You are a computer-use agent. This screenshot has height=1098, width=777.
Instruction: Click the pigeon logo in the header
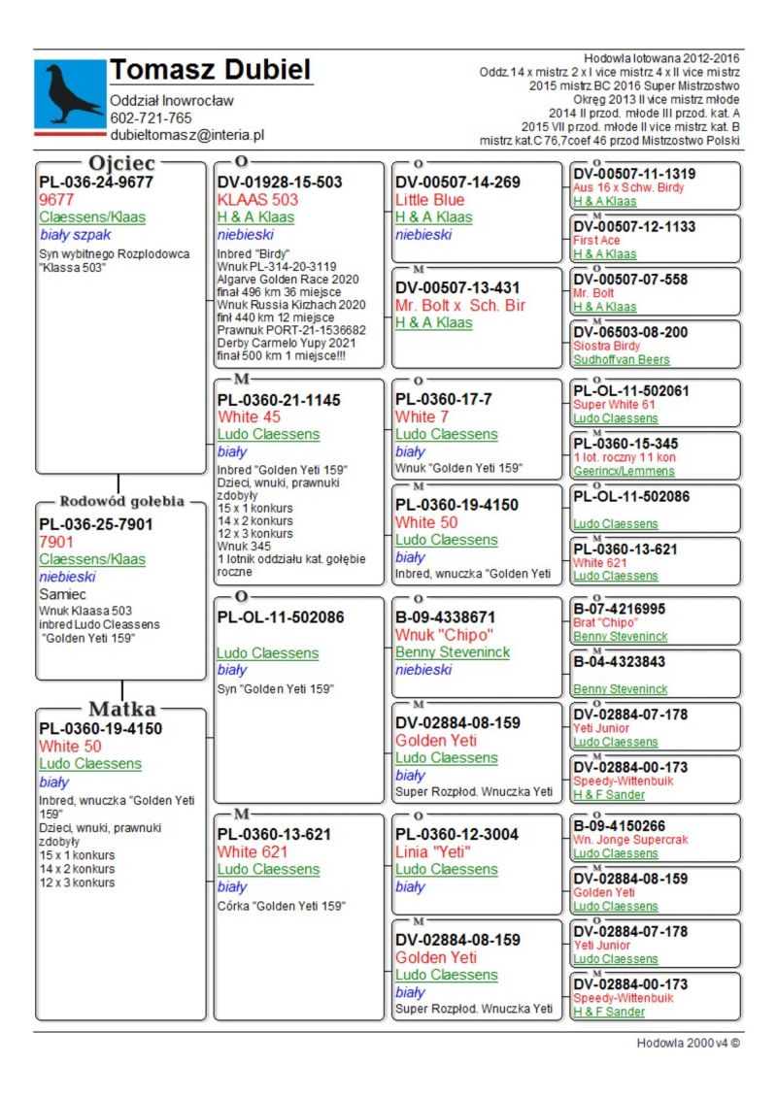coord(70,94)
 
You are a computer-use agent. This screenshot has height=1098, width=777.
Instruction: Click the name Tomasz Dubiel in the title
coord(210,70)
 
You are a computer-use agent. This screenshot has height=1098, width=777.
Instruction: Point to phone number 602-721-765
coord(151,118)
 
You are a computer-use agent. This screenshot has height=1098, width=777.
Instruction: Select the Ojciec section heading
coord(121,163)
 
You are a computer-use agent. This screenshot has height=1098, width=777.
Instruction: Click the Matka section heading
coord(121,709)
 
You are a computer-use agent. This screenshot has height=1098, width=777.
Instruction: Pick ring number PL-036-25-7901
coord(95,524)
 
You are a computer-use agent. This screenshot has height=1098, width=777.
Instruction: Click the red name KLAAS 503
coord(257,200)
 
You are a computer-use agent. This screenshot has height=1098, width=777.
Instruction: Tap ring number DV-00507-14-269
coord(457,183)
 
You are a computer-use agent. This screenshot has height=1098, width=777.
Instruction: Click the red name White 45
coord(250,416)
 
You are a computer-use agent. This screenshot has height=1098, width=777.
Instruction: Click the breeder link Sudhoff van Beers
coord(621,359)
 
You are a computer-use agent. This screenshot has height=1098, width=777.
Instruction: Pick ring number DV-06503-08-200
coord(630,332)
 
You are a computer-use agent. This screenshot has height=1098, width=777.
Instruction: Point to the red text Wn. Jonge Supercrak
coord(629,840)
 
